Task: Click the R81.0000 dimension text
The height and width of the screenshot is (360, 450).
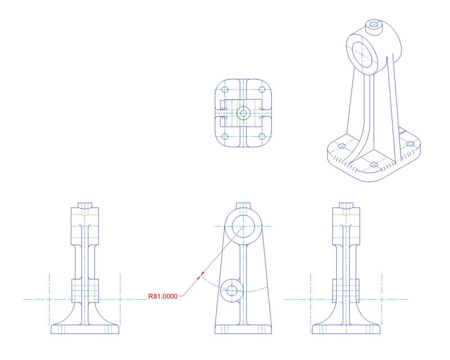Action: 162,295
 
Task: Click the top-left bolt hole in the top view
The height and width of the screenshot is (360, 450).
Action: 225,90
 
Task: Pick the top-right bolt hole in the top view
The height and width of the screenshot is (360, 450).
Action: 261,90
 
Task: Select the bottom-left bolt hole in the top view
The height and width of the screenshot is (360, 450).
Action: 225,136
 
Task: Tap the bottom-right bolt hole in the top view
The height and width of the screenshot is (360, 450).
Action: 261,136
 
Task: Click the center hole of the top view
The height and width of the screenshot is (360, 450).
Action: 243,113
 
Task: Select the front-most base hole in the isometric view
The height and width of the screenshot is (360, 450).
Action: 374,165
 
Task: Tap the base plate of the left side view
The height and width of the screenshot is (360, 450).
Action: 85,329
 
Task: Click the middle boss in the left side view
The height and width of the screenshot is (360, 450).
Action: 85,290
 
